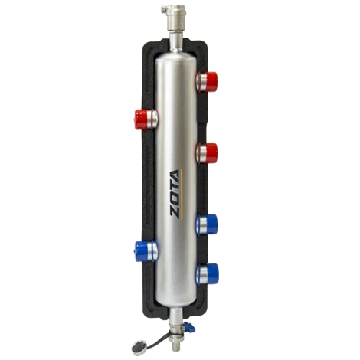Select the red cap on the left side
point(141,119)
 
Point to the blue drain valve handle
point(189,327)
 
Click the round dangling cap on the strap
point(139,347)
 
